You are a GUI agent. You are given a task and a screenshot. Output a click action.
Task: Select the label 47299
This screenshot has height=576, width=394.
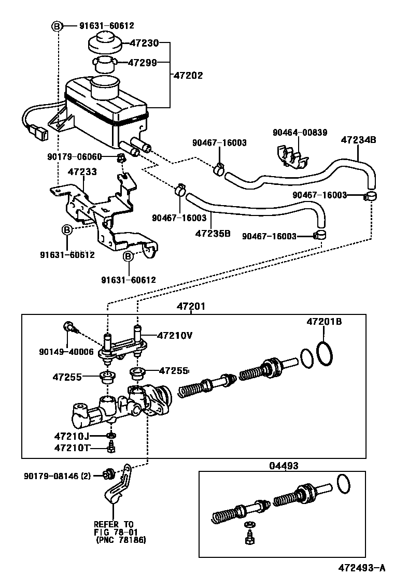(x=143, y=63)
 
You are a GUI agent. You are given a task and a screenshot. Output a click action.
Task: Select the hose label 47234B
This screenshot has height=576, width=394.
(x=358, y=139)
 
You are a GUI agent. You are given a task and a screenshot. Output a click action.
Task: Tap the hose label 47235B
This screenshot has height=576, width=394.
(x=213, y=233)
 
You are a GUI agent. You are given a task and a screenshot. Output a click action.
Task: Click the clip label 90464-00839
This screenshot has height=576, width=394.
(x=300, y=132)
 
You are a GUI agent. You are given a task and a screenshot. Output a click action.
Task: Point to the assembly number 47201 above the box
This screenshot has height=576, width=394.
(x=191, y=307)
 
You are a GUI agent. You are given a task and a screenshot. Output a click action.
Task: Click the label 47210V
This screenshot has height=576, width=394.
(x=174, y=335)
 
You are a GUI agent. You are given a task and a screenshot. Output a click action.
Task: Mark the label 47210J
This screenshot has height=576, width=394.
(x=72, y=436)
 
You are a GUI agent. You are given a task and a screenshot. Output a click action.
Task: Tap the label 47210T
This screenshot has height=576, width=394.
(x=72, y=447)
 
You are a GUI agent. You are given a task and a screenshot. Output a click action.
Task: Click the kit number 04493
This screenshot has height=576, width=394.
(x=284, y=466)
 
